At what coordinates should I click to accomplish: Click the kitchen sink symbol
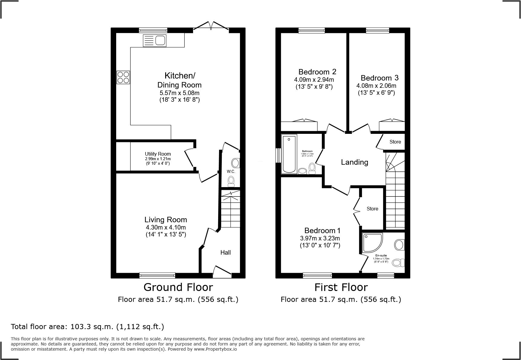tap(155, 41)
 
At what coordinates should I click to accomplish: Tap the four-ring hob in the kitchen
tap(123, 77)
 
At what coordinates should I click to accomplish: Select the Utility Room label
tap(158, 154)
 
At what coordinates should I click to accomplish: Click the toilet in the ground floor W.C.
tap(231, 181)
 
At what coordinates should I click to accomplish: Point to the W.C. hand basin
tap(235, 163)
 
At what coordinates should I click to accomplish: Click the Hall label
tap(225, 253)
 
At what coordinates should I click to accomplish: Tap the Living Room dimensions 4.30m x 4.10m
tap(166, 227)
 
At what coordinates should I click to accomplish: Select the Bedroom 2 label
tap(317, 72)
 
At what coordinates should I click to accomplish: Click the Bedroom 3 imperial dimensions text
tap(376, 93)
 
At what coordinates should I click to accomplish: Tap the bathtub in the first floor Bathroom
tap(289, 154)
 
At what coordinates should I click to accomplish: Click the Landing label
tap(354, 162)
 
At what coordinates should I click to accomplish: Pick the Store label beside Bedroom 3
tap(395, 142)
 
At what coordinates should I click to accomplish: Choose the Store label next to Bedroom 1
tap(372, 209)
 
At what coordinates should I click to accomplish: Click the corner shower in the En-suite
tap(371, 243)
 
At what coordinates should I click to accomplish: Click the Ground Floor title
tap(178, 287)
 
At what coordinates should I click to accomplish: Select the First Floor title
tap(341, 287)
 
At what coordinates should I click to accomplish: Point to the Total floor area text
tap(87, 327)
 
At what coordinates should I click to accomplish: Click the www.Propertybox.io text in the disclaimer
tap(215, 349)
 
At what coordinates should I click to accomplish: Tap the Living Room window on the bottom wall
tap(157, 275)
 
